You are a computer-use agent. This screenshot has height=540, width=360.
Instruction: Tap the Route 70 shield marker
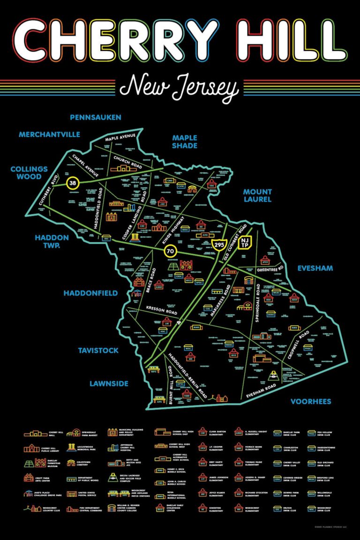[x=170, y=252]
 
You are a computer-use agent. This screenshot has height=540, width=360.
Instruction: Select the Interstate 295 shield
[x=218, y=244]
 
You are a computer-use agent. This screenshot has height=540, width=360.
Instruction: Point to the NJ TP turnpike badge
[x=245, y=243]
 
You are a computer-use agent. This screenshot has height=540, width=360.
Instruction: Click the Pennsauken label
[x=96, y=117]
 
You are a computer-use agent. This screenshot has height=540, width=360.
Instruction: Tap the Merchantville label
[x=49, y=135]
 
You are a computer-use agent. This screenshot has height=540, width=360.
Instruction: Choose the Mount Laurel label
[x=257, y=195]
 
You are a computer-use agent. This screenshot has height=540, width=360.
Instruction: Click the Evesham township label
[x=315, y=268]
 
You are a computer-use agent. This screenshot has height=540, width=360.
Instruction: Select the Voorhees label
[x=311, y=402]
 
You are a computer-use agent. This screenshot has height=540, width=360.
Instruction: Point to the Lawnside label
[x=109, y=384]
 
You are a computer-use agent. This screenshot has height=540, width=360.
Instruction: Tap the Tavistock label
[x=98, y=350]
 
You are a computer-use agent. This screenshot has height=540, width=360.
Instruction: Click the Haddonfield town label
[x=90, y=293]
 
